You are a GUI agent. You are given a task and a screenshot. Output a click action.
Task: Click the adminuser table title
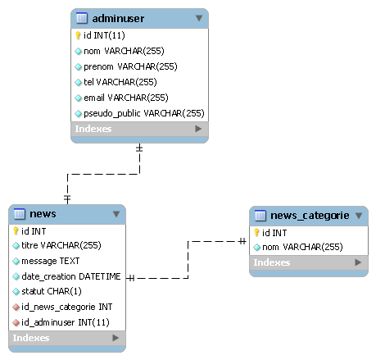[118, 19]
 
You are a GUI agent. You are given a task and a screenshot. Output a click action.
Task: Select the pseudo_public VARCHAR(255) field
[144, 113]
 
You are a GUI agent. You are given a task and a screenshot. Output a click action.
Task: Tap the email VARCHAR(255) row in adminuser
[126, 98]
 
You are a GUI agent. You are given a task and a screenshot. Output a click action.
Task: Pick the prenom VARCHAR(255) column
[130, 66]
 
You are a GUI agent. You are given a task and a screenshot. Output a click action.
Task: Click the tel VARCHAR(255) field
[120, 82]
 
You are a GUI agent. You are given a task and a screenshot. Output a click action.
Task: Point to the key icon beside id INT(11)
[78, 35]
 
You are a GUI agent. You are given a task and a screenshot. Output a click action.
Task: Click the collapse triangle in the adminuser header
[199, 18]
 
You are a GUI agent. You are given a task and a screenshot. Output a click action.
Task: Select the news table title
[43, 214]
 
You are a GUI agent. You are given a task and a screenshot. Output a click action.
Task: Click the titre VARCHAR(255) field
[61, 245]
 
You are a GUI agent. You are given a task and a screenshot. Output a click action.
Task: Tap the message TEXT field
[51, 261]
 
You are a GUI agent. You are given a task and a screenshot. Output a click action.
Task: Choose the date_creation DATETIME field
[71, 276]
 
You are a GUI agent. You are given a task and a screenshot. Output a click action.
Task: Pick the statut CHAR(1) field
[52, 291]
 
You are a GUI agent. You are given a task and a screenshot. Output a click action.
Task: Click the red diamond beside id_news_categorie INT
[16, 308]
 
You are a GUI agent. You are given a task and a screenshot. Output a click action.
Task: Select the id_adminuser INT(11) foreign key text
[66, 322]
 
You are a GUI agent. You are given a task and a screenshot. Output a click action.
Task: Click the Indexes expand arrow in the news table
[116, 338]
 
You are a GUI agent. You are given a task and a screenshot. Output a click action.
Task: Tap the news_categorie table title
[310, 216]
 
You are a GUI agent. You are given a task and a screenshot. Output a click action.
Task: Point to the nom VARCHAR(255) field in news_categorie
[302, 247]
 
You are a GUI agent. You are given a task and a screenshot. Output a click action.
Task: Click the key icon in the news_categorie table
[256, 233]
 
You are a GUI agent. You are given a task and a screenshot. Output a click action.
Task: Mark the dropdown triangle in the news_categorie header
[359, 216]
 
